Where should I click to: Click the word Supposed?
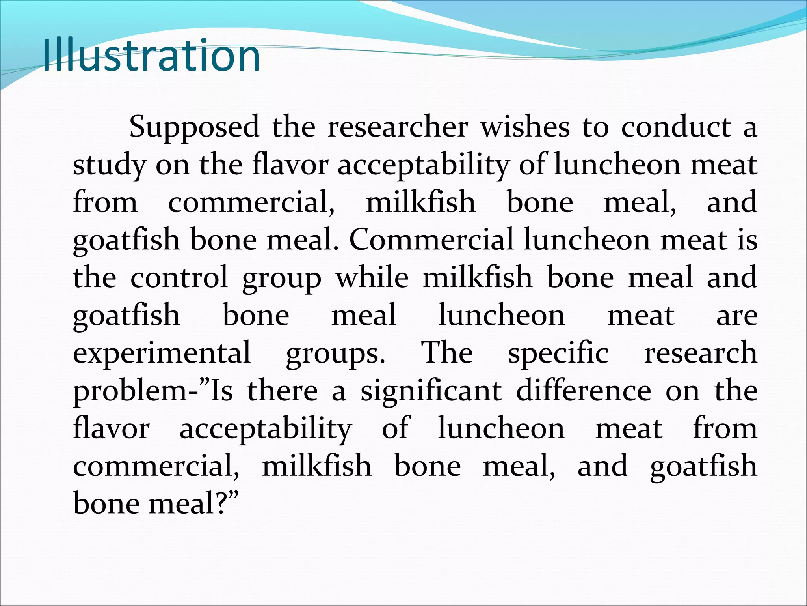point(194,127)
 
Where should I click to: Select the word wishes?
point(525,127)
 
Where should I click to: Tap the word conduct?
point(676,127)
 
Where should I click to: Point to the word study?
point(109,165)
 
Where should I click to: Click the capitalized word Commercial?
point(431,240)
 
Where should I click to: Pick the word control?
point(179,277)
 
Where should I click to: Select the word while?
point(372,277)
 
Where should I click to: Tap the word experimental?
point(162,353)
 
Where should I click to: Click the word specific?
point(558,353)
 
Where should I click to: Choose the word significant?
point(431,391)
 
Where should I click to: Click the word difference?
point(584,391)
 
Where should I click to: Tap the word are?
point(736,315)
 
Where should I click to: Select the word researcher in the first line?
point(398,127)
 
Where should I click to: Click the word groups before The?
point(335,353)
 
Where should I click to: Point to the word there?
point(283,391)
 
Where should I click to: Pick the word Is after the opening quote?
point(222,391)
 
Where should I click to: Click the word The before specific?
point(447,353)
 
